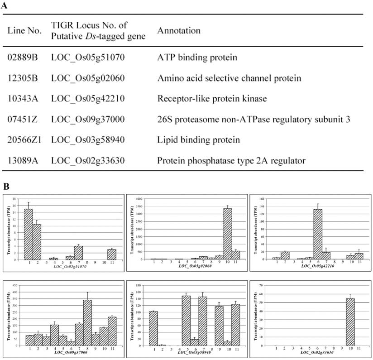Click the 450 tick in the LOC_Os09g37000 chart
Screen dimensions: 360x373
(x=17, y=285)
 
